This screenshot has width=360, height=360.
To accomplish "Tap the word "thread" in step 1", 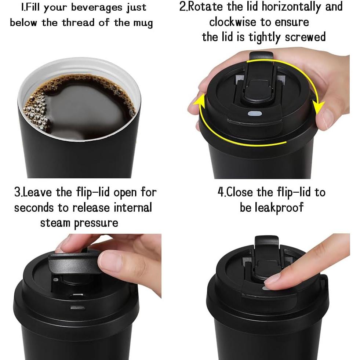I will (79, 23).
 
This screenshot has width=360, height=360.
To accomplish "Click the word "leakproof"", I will (272, 207).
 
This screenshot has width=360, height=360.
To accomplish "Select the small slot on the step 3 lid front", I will (77, 307).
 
